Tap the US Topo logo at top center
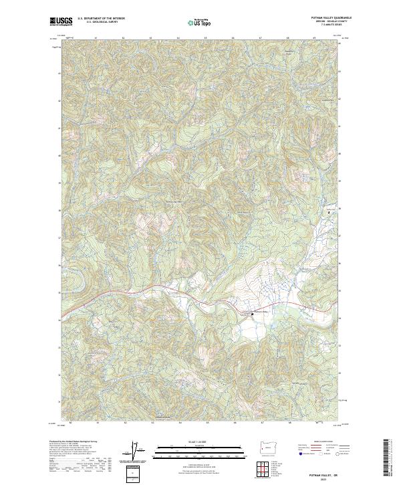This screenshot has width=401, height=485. click(x=200, y=22)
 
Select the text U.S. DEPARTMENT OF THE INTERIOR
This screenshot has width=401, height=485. click(x=101, y=19)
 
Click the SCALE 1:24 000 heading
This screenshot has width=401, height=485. click(x=200, y=441)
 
